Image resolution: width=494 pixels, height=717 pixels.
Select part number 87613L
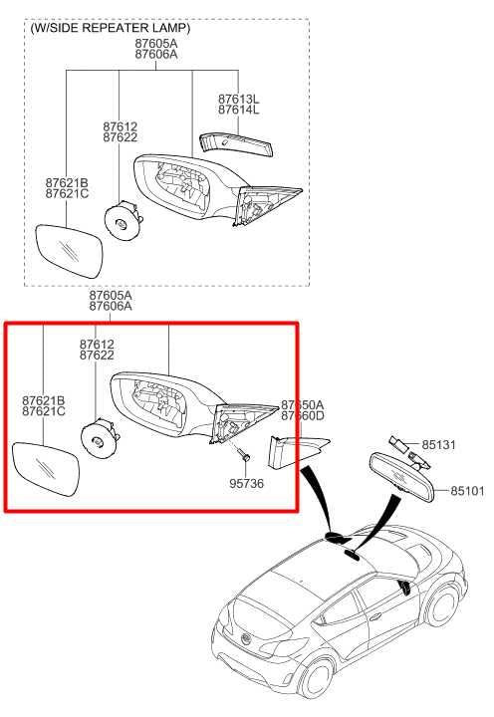238,100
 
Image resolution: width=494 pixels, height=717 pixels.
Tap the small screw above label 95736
244,457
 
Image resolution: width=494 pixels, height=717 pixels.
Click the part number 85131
437,444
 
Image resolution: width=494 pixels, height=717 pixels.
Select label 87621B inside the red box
43,399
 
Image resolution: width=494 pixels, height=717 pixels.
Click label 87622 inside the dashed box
120,139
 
